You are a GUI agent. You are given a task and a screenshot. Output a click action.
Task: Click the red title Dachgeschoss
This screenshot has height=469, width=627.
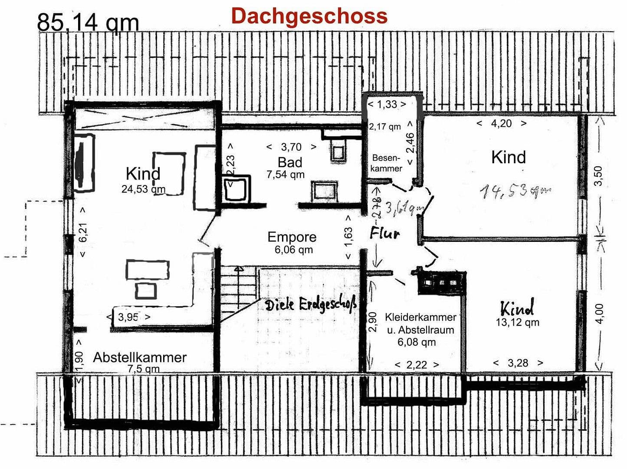pos(309,16)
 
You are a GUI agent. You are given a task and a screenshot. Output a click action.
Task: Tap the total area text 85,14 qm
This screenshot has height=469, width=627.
pos(88,23)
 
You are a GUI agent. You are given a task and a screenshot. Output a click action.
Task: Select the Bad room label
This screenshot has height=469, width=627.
pos(290,162)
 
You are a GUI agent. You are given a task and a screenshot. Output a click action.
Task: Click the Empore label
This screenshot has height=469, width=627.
pos(292,237)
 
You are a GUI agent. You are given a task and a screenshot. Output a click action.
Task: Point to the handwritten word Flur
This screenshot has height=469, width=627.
pos(384,233)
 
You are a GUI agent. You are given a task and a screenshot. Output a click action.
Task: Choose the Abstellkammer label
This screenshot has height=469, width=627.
pos(140,357)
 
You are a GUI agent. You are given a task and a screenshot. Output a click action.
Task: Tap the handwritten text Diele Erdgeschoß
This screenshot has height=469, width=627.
pos(311,304)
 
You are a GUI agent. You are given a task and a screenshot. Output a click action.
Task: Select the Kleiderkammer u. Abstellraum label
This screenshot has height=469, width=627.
pos(420,324)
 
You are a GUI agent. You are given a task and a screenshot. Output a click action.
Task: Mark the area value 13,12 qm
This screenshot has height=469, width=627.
pos(517,322)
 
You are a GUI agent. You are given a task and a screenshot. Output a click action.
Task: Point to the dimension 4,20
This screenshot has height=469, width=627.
pos(501,123)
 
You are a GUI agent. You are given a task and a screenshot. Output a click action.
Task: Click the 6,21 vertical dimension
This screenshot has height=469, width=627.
pos(83,232)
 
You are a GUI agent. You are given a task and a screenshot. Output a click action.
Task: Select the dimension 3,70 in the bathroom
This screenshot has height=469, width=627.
pos(291,147)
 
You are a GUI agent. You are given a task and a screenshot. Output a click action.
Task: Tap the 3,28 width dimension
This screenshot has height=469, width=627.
pos(518,363)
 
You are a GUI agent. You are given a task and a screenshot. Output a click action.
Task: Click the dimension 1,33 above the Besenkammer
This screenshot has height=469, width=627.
pos(387,104)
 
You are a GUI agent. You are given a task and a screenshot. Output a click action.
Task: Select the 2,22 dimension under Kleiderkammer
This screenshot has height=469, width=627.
pos(417,365)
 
